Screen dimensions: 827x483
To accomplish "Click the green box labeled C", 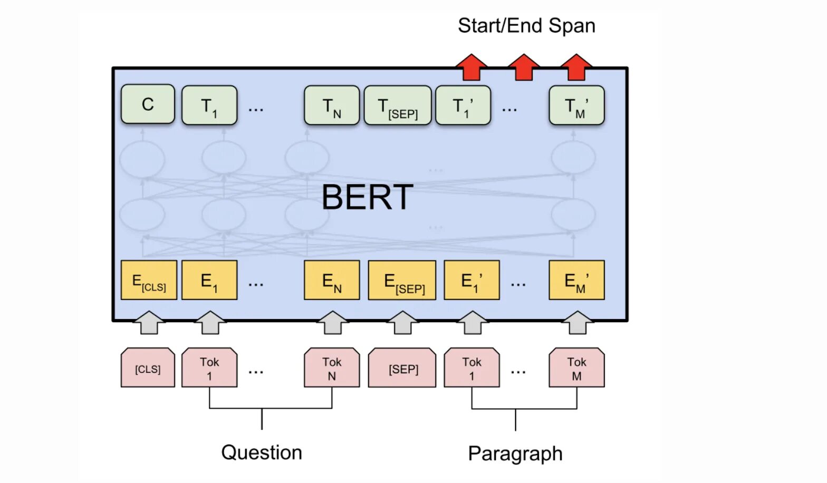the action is pyautogui.click(x=148, y=104).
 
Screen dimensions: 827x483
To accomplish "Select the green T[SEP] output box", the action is pyautogui.click(x=398, y=105).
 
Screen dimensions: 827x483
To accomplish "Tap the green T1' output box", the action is pyautogui.click(x=463, y=105).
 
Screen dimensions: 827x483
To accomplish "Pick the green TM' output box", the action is pyautogui.click(x=576, y=105).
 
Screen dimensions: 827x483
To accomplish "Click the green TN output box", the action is pyautogui.click(x=332, y=105).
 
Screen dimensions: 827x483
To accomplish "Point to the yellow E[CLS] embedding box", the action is pyautogui.click(x=149, y=280).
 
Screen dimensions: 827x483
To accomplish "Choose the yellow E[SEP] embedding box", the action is pyautogui.click(x=402, y=280).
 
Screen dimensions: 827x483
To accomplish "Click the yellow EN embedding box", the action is pyautogui.click(x=332, y=280).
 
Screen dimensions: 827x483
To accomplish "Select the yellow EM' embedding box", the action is pyautogui.click(x=576, y=280).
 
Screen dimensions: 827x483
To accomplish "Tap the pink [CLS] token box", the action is pyautogui.click(x=148, y=368).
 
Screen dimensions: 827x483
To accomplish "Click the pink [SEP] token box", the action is pyautogui.click(x=402, y=368).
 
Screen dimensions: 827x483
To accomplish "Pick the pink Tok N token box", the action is pyautogui.click(x=332, y=368).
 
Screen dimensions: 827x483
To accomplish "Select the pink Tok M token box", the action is pyautogui.click(x=576, y=368).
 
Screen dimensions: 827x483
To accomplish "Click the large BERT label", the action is pyautogui.click(x=367, y=197).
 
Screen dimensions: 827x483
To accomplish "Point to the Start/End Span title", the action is pyautogui.click(x=526, y=26).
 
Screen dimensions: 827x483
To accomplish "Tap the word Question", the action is pyautogui.click(x=262, y=452).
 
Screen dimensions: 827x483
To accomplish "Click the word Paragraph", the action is pyautogui.click(x=515, y=453).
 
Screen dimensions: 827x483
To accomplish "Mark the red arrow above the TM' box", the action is pyautogui.click(x=576, y=67).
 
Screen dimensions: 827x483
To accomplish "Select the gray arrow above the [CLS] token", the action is pyautogui.click(x=149, y=323).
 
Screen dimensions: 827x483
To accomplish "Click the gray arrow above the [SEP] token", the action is pyautogui.click(x=402, y=323).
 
